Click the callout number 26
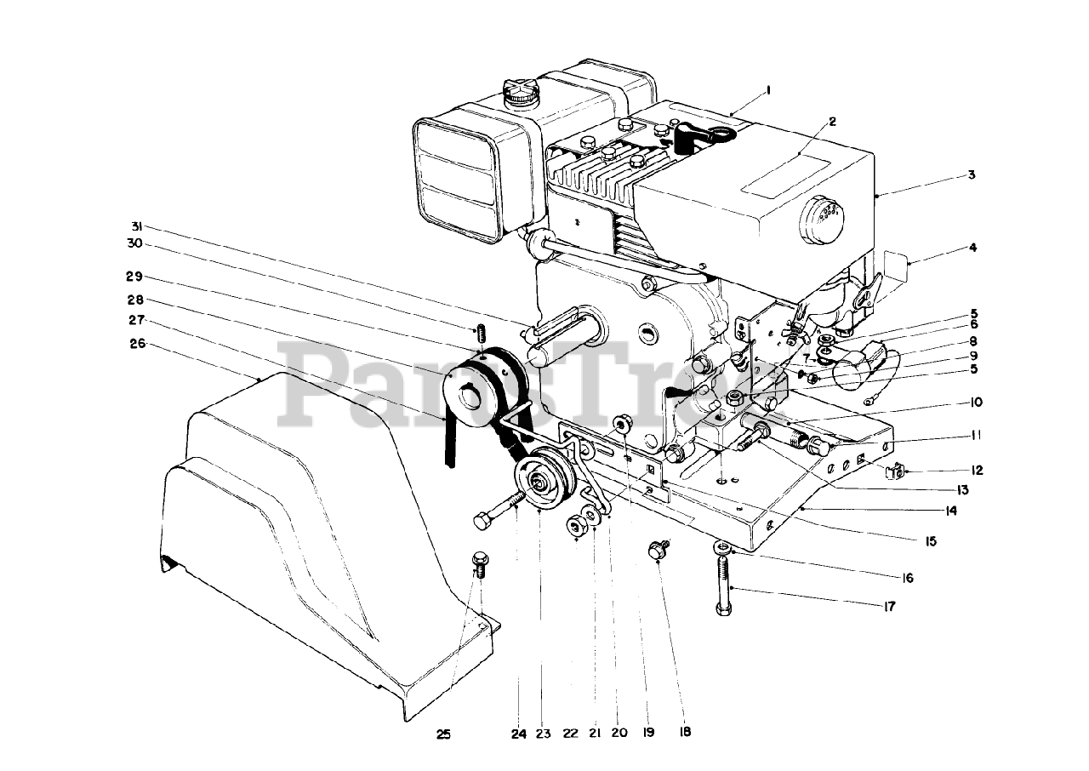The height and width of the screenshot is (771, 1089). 139,345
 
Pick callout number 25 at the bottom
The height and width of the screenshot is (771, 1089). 443,734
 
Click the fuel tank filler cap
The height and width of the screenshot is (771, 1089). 518,93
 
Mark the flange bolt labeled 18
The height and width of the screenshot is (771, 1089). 658,549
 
